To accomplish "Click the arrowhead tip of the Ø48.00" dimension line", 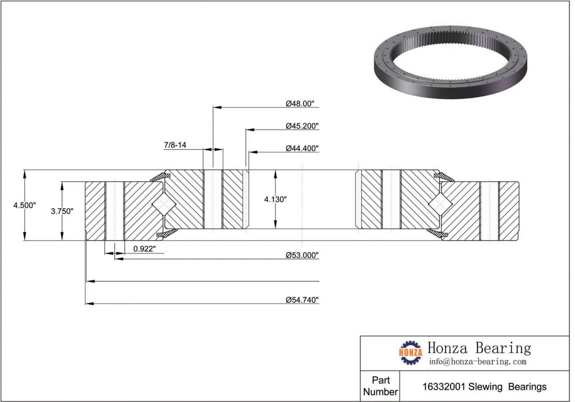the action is (x=213, y=107).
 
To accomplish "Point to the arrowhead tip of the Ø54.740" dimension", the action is (x=86, y=303).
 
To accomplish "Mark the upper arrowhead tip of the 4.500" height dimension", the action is (x=25, y=170).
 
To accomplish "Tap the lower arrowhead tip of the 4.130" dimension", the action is (x=275, y=229).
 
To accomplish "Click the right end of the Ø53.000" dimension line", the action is (x=319, y=259).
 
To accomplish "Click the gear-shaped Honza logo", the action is (x=411, y=353).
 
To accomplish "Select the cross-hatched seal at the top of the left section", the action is (x=160, y=177).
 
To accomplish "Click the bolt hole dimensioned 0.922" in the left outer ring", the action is (x=115, y=211).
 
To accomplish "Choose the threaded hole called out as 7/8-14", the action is (x=213, y=199).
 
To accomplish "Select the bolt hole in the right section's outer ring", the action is (x=489, y=211).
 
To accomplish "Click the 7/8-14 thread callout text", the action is (x=175, y=145).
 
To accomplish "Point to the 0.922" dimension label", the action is (x=145, y=249).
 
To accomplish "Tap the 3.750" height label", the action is (x=62, y=211).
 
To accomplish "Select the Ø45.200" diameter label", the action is (x=302, y=126).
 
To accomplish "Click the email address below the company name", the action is (x=478, y=361).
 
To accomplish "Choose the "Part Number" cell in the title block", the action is (x=380, y=386).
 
